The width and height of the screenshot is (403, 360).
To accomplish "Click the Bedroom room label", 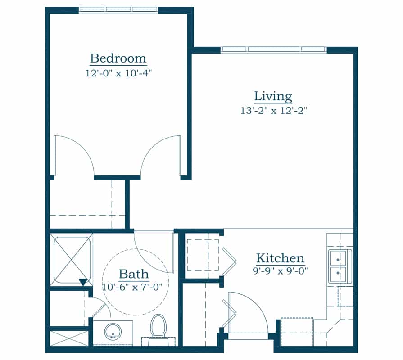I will coord(118,58).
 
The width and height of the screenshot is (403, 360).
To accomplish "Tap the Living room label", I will coord(273,96).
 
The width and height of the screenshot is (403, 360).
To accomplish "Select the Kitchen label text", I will coord(280,259).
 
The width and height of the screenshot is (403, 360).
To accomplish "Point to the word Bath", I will coord(133,274).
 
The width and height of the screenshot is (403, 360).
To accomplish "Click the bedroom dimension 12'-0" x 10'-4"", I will coord(118,73).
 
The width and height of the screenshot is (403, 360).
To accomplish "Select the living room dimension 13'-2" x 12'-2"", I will coord(274,111).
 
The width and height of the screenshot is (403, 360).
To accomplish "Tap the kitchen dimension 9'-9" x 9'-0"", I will coord(280,271).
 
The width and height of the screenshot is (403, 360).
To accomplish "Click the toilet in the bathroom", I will coord(158,327).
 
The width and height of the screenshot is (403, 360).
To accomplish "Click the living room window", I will coord(274,49).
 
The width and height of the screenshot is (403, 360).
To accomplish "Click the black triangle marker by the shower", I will coord(82,282).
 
